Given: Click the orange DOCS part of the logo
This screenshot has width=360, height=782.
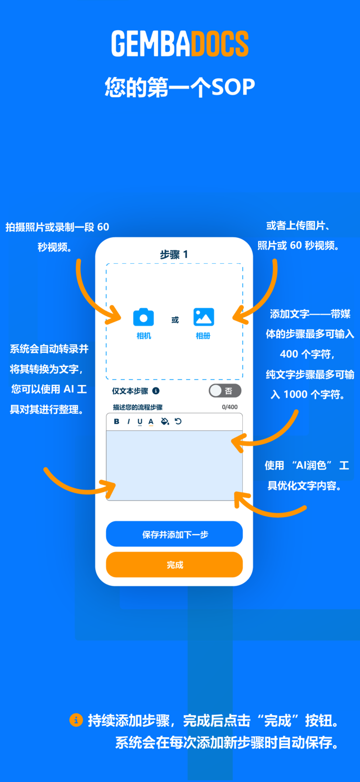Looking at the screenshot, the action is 220,43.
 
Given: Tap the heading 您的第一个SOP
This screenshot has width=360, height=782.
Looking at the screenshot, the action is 180,87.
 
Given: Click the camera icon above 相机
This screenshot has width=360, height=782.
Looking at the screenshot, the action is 143,317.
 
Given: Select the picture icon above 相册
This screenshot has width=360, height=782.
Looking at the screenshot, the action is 204,317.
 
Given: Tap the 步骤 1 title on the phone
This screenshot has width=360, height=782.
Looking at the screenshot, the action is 174,254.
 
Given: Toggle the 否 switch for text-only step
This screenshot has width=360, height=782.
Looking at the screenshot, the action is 225,391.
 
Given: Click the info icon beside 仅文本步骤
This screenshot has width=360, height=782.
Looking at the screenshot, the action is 156,391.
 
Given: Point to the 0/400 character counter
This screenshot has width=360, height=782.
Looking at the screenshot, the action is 230,407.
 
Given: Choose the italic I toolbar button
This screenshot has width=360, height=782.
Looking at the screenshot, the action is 129,422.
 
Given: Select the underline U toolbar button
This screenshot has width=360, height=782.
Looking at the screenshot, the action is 140,422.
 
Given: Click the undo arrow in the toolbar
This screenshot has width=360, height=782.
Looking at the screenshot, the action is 178,422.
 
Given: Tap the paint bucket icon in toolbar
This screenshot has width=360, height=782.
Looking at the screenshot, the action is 165,422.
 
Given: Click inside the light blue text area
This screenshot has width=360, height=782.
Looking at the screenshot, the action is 174,465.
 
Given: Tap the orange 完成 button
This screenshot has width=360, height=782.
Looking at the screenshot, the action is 174,565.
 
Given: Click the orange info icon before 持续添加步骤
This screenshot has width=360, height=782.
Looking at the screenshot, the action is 76,720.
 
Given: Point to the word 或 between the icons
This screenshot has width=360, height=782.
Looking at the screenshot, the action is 175,320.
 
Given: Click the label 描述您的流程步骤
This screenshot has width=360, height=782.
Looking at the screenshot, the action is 138,407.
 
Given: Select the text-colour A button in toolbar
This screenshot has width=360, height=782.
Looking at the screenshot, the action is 151,422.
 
